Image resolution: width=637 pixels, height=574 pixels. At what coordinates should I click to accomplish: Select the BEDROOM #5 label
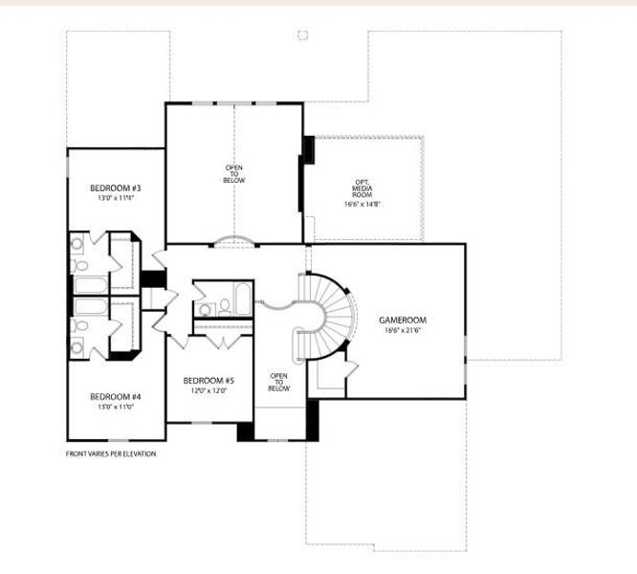click(209, 380)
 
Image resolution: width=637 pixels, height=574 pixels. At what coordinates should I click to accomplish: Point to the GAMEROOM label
click(402, 320)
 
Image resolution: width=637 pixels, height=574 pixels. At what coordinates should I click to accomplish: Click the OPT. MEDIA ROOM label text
click(362, 188)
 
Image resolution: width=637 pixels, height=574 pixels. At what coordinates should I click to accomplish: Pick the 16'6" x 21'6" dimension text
click(402, 330)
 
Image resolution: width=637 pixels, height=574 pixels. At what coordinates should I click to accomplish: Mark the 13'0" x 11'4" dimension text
click(116, 198)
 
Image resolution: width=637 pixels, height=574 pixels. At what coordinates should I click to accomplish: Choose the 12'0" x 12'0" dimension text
click(209, 390)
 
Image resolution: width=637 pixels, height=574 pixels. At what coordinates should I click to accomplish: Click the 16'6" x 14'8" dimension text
click(362, 204)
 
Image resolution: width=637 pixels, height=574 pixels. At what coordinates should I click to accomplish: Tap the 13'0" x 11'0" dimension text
click(116, 407)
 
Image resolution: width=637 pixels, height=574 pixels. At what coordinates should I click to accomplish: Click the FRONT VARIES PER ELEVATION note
click(110, 453)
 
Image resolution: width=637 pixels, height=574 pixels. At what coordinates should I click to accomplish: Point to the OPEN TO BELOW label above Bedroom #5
click(234, 173)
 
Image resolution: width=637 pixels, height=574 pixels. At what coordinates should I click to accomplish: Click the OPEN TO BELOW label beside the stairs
click(278, 382)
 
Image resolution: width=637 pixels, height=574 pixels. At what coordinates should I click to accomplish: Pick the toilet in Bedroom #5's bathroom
click(224, 307)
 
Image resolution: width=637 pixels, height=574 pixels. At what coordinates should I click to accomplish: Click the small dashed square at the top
click(302, 35)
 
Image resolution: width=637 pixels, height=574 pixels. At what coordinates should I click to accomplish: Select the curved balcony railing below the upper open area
click(234, 240)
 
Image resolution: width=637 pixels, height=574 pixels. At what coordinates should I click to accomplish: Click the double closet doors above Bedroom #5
click(222, 341)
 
